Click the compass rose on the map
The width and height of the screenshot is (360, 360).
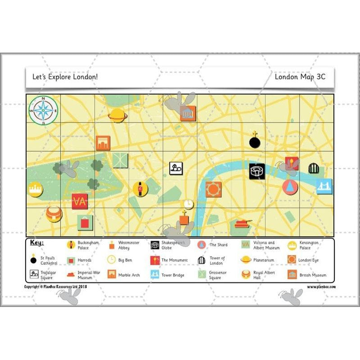coord(43,110)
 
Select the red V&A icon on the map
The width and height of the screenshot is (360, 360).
coord(80,201)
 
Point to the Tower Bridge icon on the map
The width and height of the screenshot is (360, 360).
coord(324,186)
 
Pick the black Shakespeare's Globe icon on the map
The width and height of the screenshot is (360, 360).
coord(257,171)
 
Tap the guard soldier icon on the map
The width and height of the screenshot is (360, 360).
coord(140,189)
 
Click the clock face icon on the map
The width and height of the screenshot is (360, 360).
coord(188,204)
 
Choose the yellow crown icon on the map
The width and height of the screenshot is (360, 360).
coord(35,189)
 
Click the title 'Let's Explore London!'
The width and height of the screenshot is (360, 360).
coord(65,77)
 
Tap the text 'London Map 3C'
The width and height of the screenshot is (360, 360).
coord(300,77)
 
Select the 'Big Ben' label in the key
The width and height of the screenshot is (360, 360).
coord(125,260)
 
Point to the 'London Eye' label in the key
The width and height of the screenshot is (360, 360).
coord(309,260)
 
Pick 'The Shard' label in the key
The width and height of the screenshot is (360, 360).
coord(218,245)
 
